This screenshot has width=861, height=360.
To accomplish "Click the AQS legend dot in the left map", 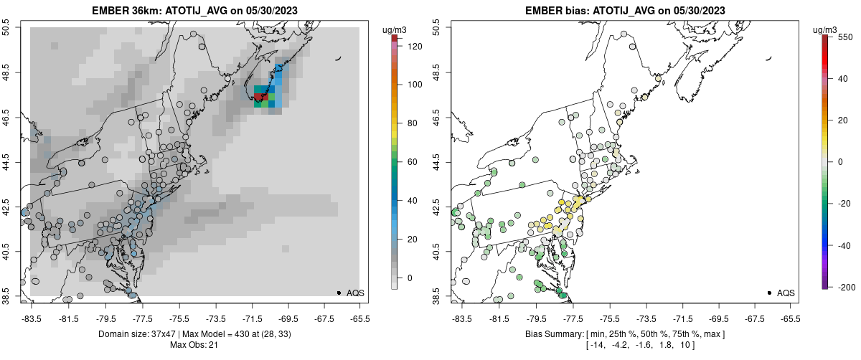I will pos(339,293).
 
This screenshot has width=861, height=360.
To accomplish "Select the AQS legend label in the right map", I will pos(786,293).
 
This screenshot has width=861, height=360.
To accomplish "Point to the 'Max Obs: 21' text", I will pos(194,345).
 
